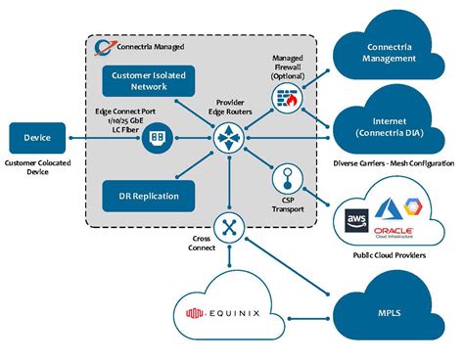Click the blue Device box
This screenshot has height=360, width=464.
point(37,138)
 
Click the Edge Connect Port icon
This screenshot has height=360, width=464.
point(156,138)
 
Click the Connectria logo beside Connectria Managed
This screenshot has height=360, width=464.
point(102,46)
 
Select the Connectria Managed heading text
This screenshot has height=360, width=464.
point(155,47)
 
